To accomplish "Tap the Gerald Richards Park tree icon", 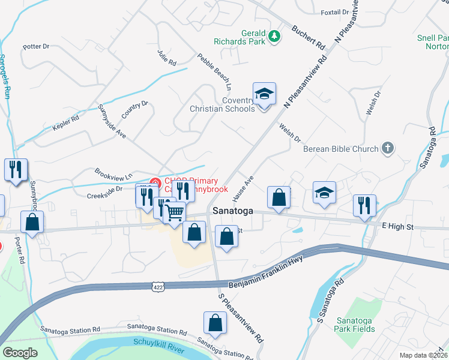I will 275,37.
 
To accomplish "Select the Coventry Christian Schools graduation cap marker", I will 264,94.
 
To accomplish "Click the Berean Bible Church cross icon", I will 388,148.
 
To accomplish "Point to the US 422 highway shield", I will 158,287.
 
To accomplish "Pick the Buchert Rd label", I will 308,37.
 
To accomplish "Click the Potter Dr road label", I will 36,46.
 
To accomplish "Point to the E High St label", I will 398,227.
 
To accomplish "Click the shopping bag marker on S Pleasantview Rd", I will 215,323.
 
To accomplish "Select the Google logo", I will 20,353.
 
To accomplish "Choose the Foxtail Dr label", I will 335,12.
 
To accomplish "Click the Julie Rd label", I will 167,58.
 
